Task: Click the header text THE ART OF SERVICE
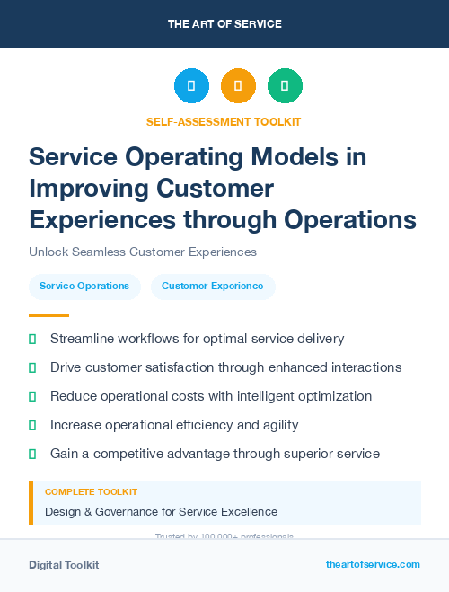[x=224, y=24]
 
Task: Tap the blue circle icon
[x=191, y=86]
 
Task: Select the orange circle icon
[x=238, y=86]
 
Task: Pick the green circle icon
[x=285, y=86]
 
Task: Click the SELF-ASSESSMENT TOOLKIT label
[x=224, y=121]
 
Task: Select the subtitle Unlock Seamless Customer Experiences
[x=143, y=252]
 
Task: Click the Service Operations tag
[x=84, y=287]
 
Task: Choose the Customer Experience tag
[x=213, y=287]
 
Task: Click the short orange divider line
[x=48, y=315]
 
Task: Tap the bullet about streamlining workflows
[x=198, y=339]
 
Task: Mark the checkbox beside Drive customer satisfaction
[x=33, y=367]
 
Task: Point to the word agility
[x=277, y=425]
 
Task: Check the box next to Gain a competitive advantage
[x=33, y=454]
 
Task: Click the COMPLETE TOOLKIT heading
[x=92, y=492]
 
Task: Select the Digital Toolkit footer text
[x=64, y=565]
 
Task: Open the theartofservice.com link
[x=373, y=565]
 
